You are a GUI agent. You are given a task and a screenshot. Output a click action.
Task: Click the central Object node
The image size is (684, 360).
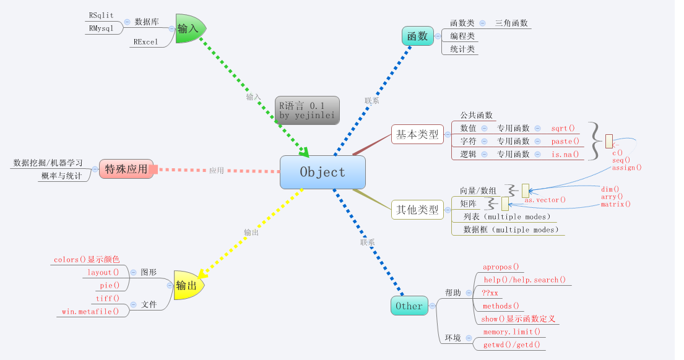click(x=323, y=172)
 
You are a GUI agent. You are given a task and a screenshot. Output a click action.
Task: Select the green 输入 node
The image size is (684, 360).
click(x=189, y=28)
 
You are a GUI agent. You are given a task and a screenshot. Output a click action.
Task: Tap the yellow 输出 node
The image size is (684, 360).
click(x=187, y=285)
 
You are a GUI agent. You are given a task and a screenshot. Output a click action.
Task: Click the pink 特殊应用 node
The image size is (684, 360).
click(x=126, y=169)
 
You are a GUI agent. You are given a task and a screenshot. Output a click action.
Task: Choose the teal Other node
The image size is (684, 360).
click(x=409, y=306)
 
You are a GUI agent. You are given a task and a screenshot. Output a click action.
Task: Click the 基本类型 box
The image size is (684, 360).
click(x=417, y=134)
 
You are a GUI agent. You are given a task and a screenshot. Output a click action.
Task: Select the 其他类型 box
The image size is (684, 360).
click(x=417, y=209)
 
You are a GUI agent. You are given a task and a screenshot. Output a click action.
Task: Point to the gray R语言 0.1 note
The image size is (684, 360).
click(x=308, y=110)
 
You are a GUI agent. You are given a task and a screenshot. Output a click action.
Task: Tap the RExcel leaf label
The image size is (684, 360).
click(x=145, y=42)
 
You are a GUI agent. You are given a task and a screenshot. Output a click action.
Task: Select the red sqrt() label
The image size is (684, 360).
click(x=563, y=128)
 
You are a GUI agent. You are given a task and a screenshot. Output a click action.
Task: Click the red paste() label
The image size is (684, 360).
click(x=565, y=141)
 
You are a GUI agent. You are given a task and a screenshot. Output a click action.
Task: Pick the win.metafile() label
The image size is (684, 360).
click(x=90, y=311)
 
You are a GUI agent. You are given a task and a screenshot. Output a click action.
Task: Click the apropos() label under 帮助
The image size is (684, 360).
click(x=501, y=267)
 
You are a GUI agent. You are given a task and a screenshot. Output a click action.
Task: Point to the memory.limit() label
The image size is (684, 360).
click(x=511, y=332)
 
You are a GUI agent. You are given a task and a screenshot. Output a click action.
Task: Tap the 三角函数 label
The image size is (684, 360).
click(x=511, y=23)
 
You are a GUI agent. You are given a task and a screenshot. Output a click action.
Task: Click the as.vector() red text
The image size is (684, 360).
click(x=545, y=200)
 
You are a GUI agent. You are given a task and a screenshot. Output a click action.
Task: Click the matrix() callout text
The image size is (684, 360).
click(x=615, y=204)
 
